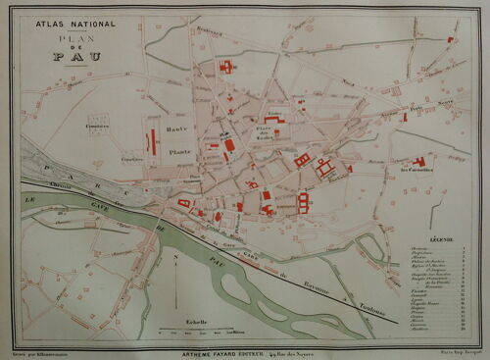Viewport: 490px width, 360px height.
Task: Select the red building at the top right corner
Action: (450, 40)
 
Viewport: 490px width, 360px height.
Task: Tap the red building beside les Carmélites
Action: (419, 160)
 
